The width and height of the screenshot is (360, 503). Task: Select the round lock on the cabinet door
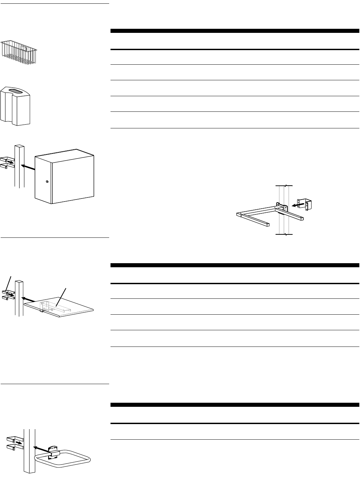coord(47,182)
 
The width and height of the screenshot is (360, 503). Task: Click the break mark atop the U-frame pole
coord(284,186)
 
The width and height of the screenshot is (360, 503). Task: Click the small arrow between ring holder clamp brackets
coord(19,442)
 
